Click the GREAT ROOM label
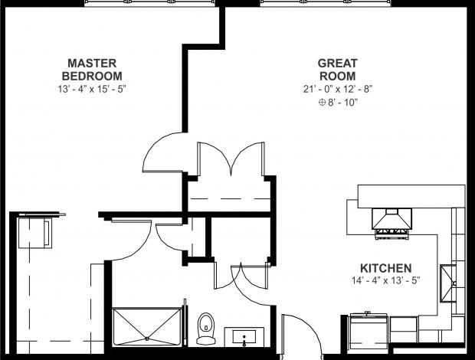pyautogui.click(x=337, y=69)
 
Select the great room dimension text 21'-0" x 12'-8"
pyautogui.click(x=337, y=89)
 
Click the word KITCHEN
pyautogui.click(x=386, y=268)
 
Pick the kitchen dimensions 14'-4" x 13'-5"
pyautogui.click(x=386, y=280)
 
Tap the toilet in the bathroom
pyautogui.click(x=205, y=326)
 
